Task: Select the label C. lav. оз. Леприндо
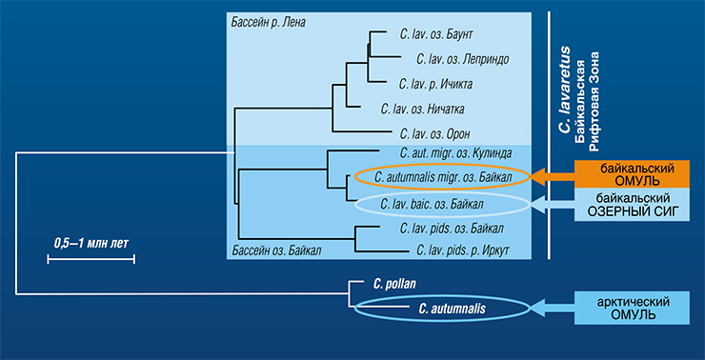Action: coord(463,59)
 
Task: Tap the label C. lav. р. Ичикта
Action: coord(435,84)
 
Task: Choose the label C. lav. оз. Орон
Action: coord(434,134)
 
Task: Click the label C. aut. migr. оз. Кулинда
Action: coord(455,153)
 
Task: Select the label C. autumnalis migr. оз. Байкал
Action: coord(443,178)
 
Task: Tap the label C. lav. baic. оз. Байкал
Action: coord(432,205)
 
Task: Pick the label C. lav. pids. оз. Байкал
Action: coord(452,229)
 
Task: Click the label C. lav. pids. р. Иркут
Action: coord(463,250)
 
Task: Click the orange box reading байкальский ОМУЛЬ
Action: coord(632,175)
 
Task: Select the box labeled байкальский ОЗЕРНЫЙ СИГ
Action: coord(632,204)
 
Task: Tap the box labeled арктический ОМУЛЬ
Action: coord(632,308)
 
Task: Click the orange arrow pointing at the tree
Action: coord(553,176)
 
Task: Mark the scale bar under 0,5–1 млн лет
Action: coord(91,259)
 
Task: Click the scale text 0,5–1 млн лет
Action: coord(91,244)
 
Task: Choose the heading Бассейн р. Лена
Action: coord(269,23)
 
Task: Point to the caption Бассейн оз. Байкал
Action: coord(276,250)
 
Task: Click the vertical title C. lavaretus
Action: coord(564,90)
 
